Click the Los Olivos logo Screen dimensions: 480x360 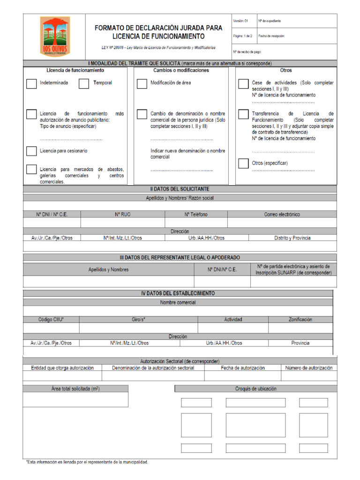point(55,36)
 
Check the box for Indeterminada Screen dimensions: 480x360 point(31,84)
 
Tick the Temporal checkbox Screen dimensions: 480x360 point(84,84)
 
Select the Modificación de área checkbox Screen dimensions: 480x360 point(142,84)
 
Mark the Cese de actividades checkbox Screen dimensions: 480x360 point(243,84)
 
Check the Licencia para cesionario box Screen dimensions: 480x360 point(31,151)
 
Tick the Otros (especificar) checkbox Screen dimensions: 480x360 point(243,164)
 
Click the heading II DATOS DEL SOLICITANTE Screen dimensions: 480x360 point(180,189)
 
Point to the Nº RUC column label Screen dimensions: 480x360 point(123,214)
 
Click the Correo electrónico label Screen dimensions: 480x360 point(282,214)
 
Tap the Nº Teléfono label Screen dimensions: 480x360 point(196,214)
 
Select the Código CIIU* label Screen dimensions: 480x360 point(51,319)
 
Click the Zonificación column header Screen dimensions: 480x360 point(300,319)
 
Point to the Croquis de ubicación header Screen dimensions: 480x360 point(255,389)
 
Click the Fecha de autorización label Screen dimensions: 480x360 point(243,368)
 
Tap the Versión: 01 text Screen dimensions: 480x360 point(241,21)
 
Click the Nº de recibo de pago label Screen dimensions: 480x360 point(247,52)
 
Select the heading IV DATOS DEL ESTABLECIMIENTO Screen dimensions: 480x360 point(178,293)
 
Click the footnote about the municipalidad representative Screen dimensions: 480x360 point(87,462)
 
